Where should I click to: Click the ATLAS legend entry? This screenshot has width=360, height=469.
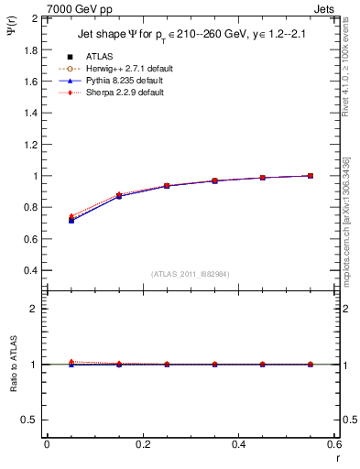coord(98,56)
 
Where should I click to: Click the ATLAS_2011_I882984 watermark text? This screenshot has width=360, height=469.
coord(190,274)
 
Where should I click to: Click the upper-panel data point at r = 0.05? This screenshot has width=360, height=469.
coord(71,220)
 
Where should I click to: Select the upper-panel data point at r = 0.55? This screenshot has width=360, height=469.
coord(310,176)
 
